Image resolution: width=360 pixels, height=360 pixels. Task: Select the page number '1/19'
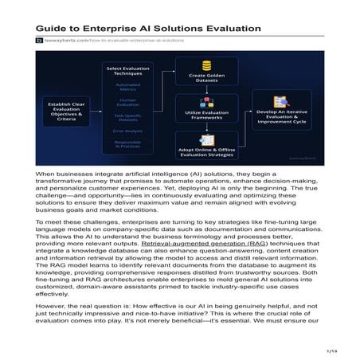pyautogui.click(x=333, y=349)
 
